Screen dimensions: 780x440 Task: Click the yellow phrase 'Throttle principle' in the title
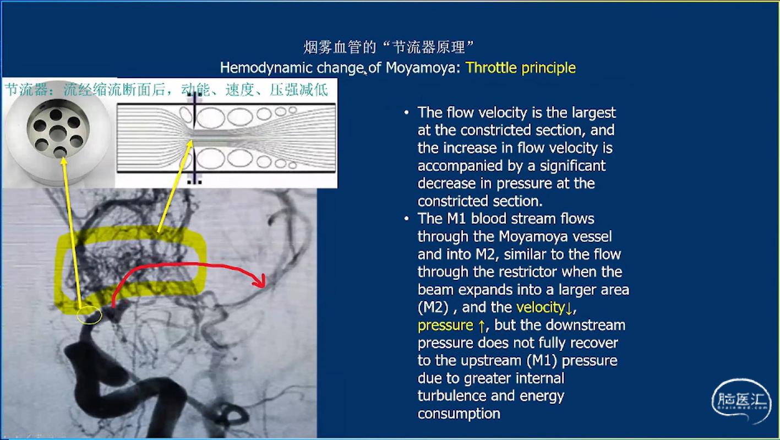(x=521, y=68)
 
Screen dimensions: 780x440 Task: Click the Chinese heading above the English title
(x=389, y=47)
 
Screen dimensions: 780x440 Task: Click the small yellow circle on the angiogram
(x=90, y=316)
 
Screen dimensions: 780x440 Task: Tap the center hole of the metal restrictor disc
(x=58, y=133)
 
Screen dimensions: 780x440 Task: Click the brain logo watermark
(x=740, y=401)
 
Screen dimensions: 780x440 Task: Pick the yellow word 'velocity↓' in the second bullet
(x=544, y=307)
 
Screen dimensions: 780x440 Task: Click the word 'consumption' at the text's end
(x=459, y=414)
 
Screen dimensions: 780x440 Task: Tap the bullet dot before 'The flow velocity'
(x=406, y=113)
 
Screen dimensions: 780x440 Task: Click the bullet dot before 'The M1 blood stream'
(x=406, y=219)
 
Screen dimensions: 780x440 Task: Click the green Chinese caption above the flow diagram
(x=166, y=90)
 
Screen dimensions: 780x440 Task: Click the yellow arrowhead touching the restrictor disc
(x=63, y=161)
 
